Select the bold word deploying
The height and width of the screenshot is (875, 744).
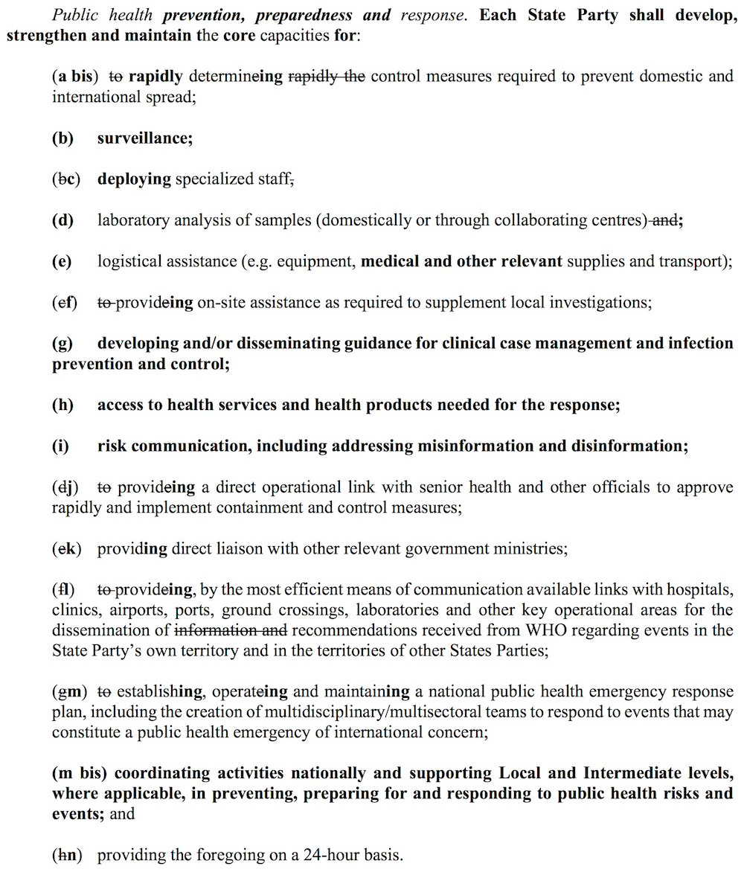tap(134, 179)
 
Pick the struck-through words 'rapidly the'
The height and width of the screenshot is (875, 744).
tap(326, 76)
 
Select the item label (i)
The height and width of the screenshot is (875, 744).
tap(60, 446)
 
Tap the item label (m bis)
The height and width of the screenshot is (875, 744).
tap(80, 773)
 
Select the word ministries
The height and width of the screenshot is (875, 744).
tap(533, 548)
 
